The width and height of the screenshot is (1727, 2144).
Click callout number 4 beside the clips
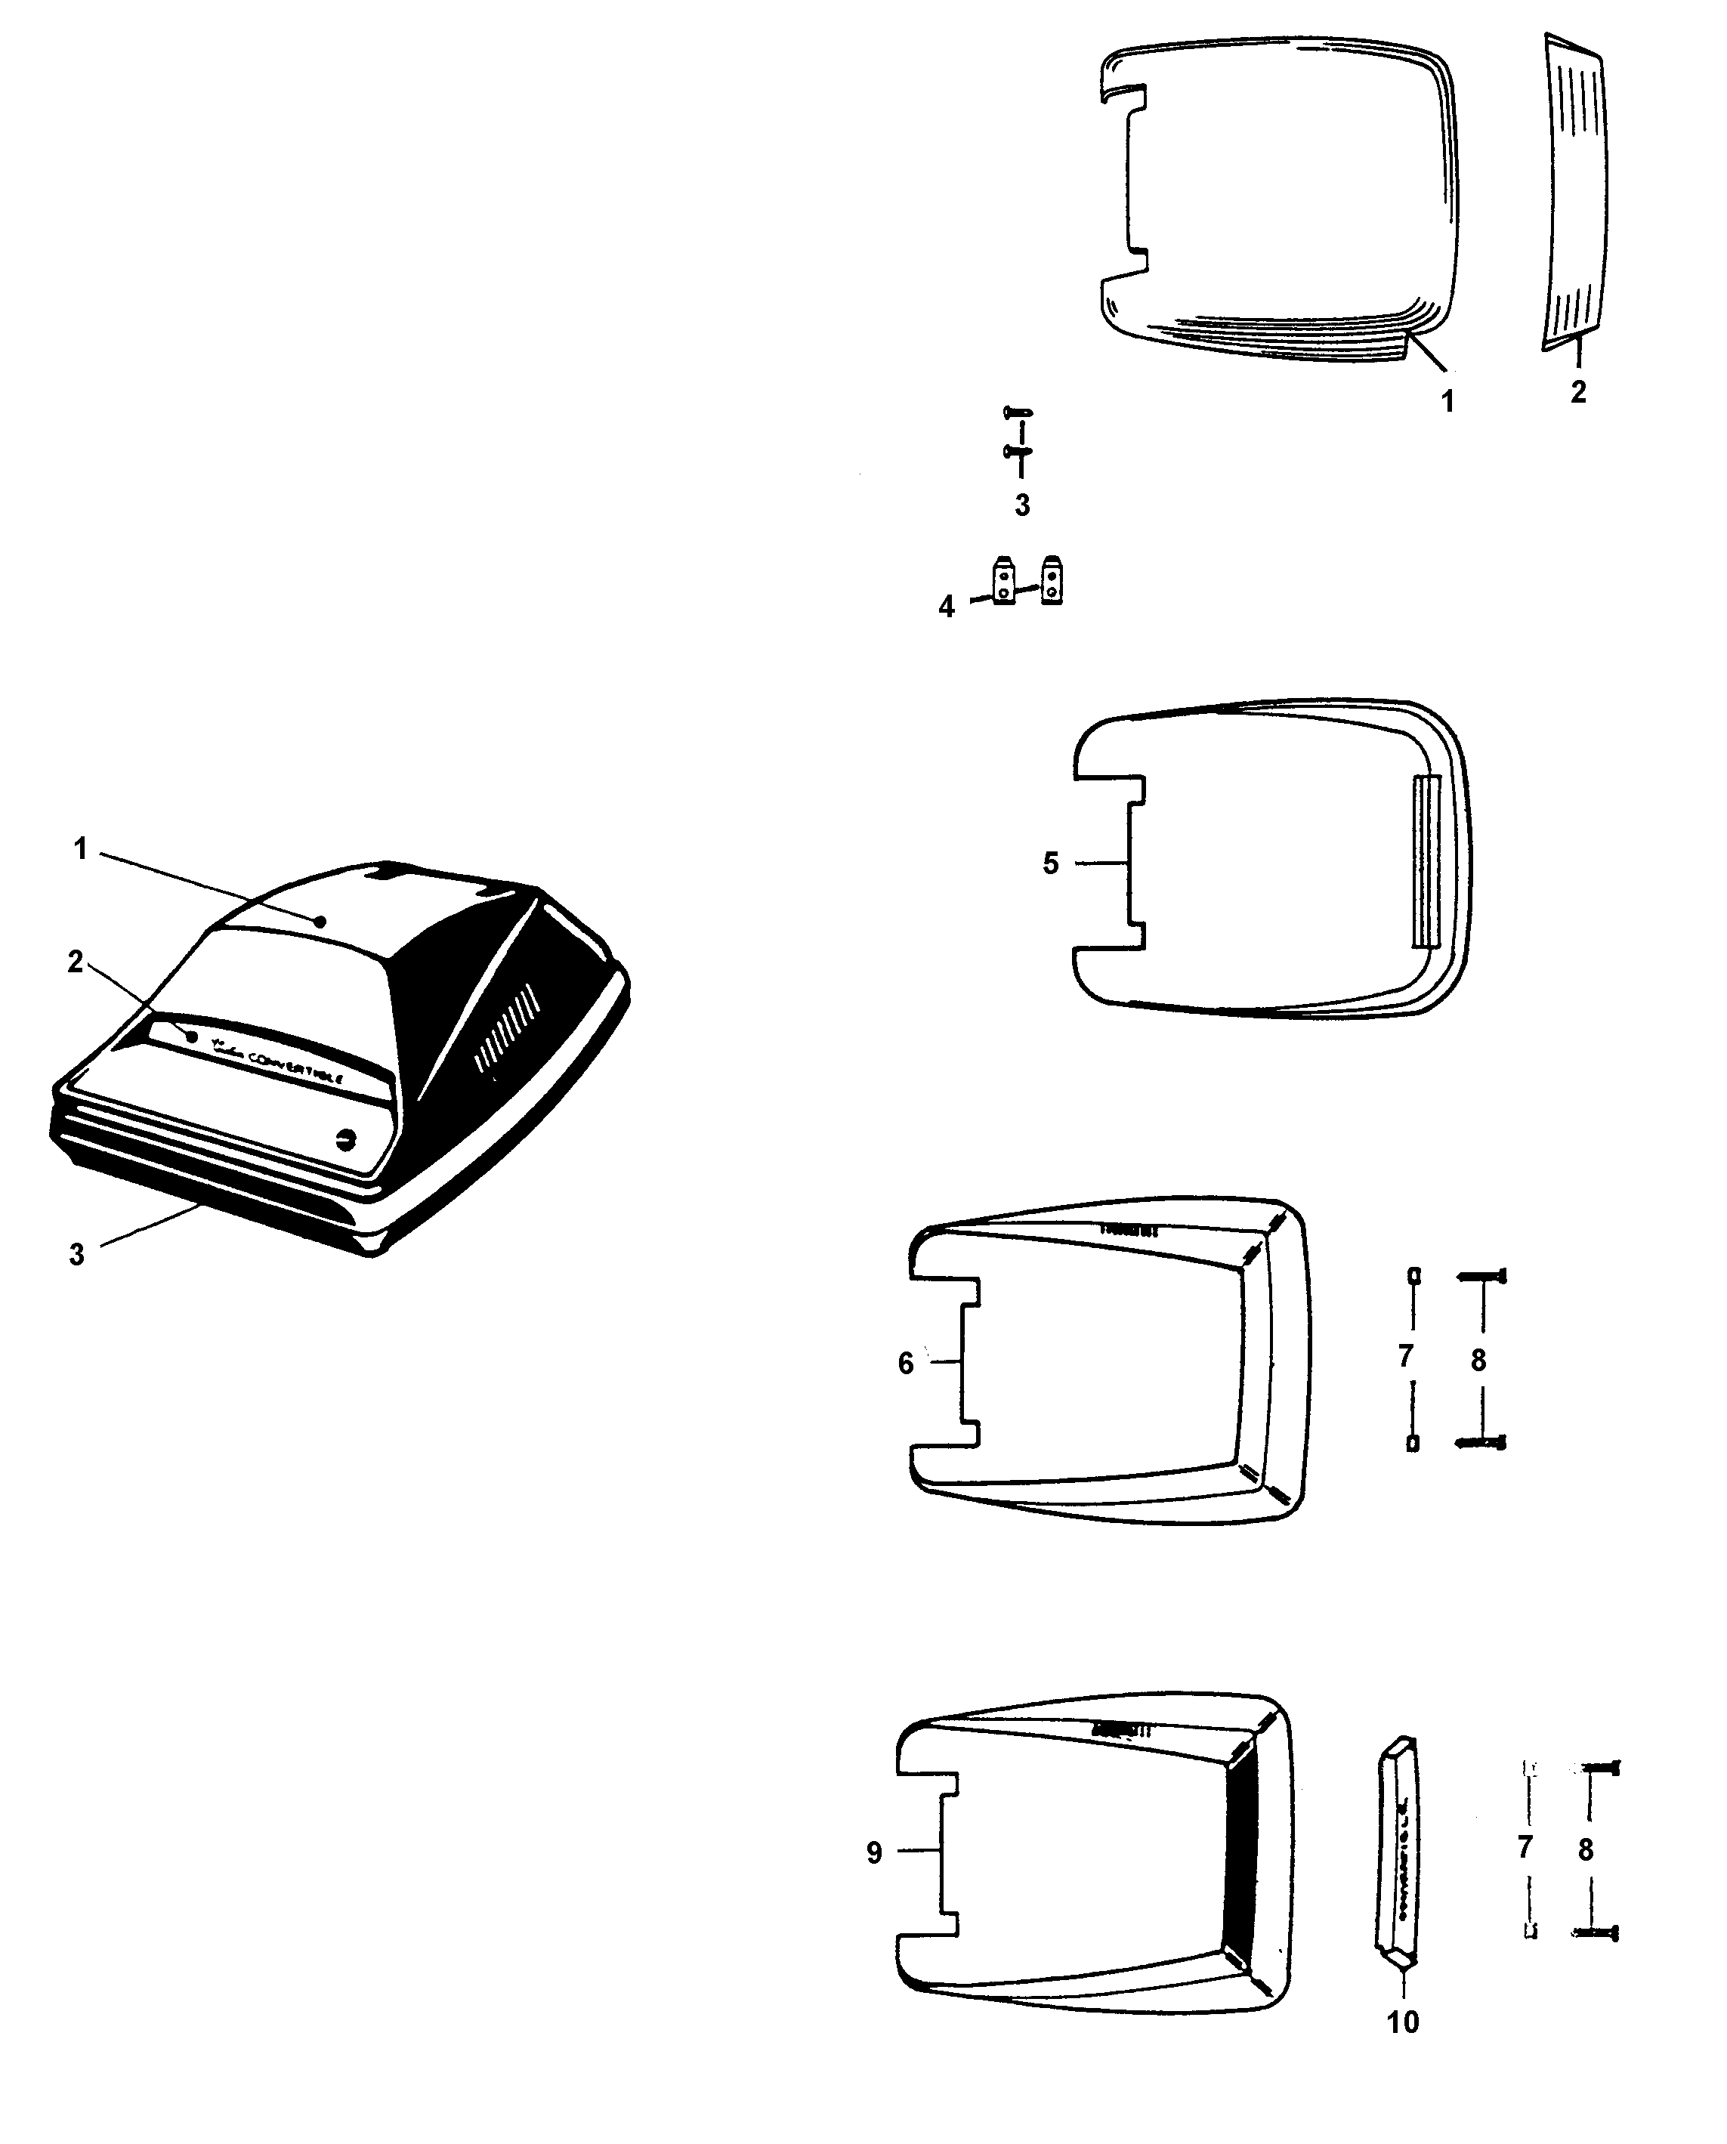click(x=946, y=606)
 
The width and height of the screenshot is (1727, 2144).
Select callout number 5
click(x=1051, y=863)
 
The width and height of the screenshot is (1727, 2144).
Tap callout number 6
click(x=905, y=1363)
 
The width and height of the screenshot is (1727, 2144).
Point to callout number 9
click(x=874, y=1852)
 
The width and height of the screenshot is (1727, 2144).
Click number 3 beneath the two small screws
click(x=1021, y=505)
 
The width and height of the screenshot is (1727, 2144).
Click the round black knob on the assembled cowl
click(x=346, y=1140)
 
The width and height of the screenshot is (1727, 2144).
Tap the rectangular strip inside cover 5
click(x=1426, y=861)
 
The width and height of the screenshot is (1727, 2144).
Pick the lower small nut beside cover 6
click(x=1413, y=1443)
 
